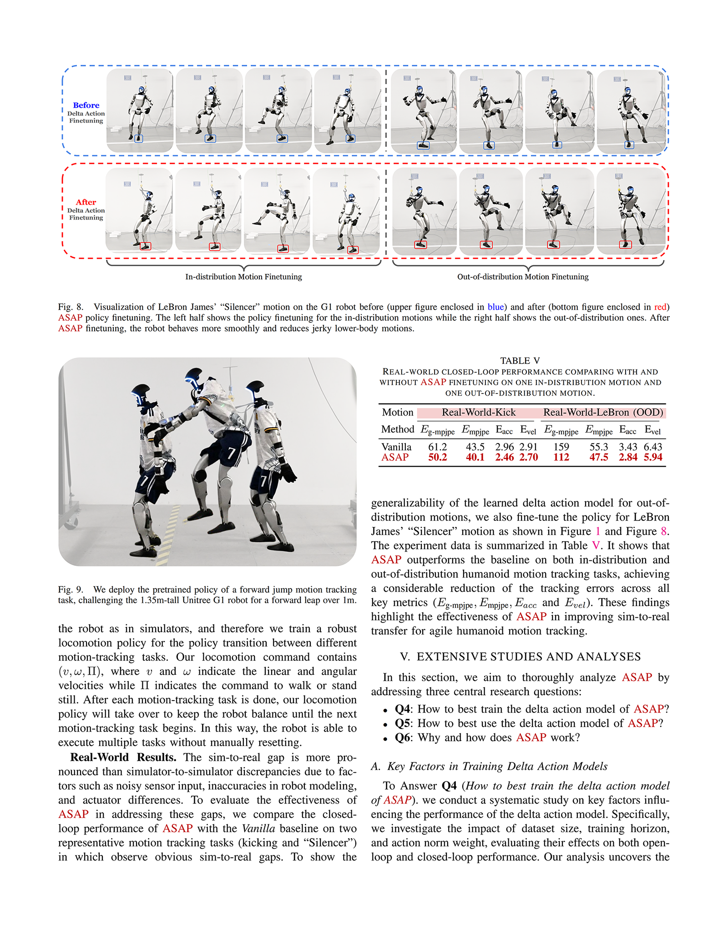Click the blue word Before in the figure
[x=86, y=105]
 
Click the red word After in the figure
[x=86, y=202]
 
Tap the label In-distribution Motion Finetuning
[x=243, y=277]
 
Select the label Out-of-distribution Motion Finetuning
[x=522, y=277]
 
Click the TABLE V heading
[x=520, y=361]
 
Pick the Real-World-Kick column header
[x=479, y=413]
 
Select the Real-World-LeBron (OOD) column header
[x=603, y=413]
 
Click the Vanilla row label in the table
[x=396, y=447]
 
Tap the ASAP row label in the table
[x=395, y=457]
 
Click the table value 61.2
[x=438, y=447]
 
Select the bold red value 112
[x=561, y=457]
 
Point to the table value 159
[x=561, y=447]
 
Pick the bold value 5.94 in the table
[x=653, y=457]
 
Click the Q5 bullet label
[x=402, y=723]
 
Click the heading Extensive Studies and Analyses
[x=520, y=656]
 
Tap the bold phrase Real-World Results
[x=123, y=757]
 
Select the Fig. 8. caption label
[x=71, y=307]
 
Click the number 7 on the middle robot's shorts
[x=231, y=453]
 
